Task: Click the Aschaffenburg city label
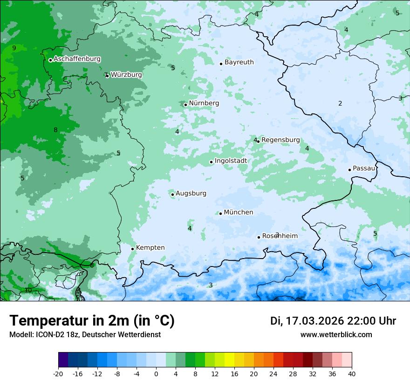(x=77, y=59)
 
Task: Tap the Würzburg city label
(x=126, y=75)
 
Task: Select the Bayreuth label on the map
(x=239, y=62)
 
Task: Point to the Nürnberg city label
(x=204, y=103)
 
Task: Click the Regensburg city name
(x=280, y=140)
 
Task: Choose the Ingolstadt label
(x=231, y=161)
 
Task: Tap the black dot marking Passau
(x=349, y=170)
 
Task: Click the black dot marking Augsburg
(x=172, y=194)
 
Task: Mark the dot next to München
(x=220, y=213)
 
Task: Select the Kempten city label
(x=150, y=248)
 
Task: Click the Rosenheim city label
(x=280, y=236)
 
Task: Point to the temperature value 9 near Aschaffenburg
(x=14, y=48)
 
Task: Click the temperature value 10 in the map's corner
(x=28, y=291)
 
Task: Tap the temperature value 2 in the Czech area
(x=340, y=104)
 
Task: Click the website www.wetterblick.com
(x=336, y=335)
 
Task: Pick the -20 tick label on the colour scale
(x=58, y=374)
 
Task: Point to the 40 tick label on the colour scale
(x=352, y=374)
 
